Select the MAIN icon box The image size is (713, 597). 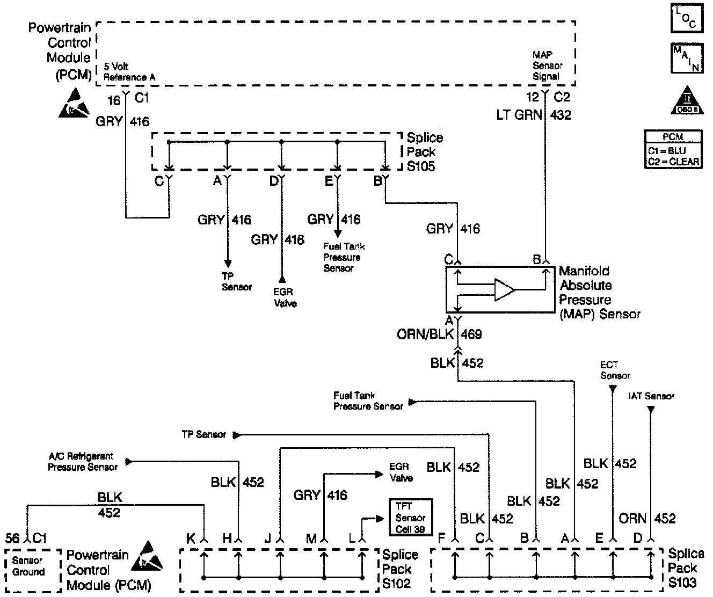pyautogui.click(x=686, y=58)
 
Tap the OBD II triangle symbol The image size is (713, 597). pyautogui.click(x=687, y=101)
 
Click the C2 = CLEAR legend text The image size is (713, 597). pyautogui.click(x=673, y=161)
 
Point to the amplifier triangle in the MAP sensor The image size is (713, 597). pyautogui.click(x=504, y=290)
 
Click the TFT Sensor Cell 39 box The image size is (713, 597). pyautogui.click(x=410, y=518)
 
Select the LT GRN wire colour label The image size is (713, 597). pyautogui.click(x=519, y=114)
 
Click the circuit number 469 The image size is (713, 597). pyautogui.click(x=471, y=334)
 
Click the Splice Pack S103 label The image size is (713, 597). pyautogui.click(x=686, y=568)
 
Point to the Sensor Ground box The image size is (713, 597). pyautogui.click(x=28, y=567)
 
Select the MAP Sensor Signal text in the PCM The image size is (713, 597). pyautogui.click(x=547, y=66)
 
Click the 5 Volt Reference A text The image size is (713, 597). pyautogui.click(x=129, y=72)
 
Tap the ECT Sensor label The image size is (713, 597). pyautogui.click(x=615, y=370)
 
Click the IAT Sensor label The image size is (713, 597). pyautogui.click(x=651, y=396)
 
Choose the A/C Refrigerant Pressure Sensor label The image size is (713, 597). pyautogui.click(x=82, y=462)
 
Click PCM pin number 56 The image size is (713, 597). pyautogui.click(x=12, y=538)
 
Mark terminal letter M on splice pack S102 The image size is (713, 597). pyautogui.click(x=311, y=538)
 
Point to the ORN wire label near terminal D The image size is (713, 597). pyautogui.click(x=632, y=519)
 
